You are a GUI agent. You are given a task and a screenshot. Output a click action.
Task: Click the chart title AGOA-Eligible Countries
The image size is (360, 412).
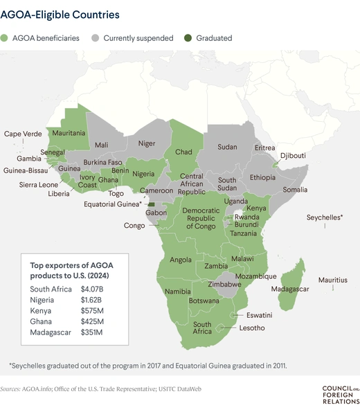pyautogui.click(x=61, y=14)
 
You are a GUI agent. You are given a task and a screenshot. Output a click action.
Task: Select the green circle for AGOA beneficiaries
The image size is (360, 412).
pyautogui.click(x=6, y=39)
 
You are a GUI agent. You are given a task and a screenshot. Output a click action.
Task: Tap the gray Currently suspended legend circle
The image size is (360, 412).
pyautogui.click(x=96, y=39)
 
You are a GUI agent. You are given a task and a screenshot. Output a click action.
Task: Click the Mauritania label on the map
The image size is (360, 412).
pyautogui.click(x=69, y=132)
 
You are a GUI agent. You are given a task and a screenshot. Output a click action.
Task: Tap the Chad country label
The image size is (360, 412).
pyautogui.click(x=183, y=151)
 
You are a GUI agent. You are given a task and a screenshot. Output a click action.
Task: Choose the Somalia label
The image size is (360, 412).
pyautogui.click(x=295, y=190)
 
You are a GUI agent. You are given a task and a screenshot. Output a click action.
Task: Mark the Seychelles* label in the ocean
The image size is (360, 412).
pyautogui.click(x=325, y=217)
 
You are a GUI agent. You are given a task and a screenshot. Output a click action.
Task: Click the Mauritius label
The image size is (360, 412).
pyautogui.click(x=332, y=280)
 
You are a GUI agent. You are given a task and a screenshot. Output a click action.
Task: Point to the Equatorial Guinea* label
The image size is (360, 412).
pyautogui.click(x=113, y=204)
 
